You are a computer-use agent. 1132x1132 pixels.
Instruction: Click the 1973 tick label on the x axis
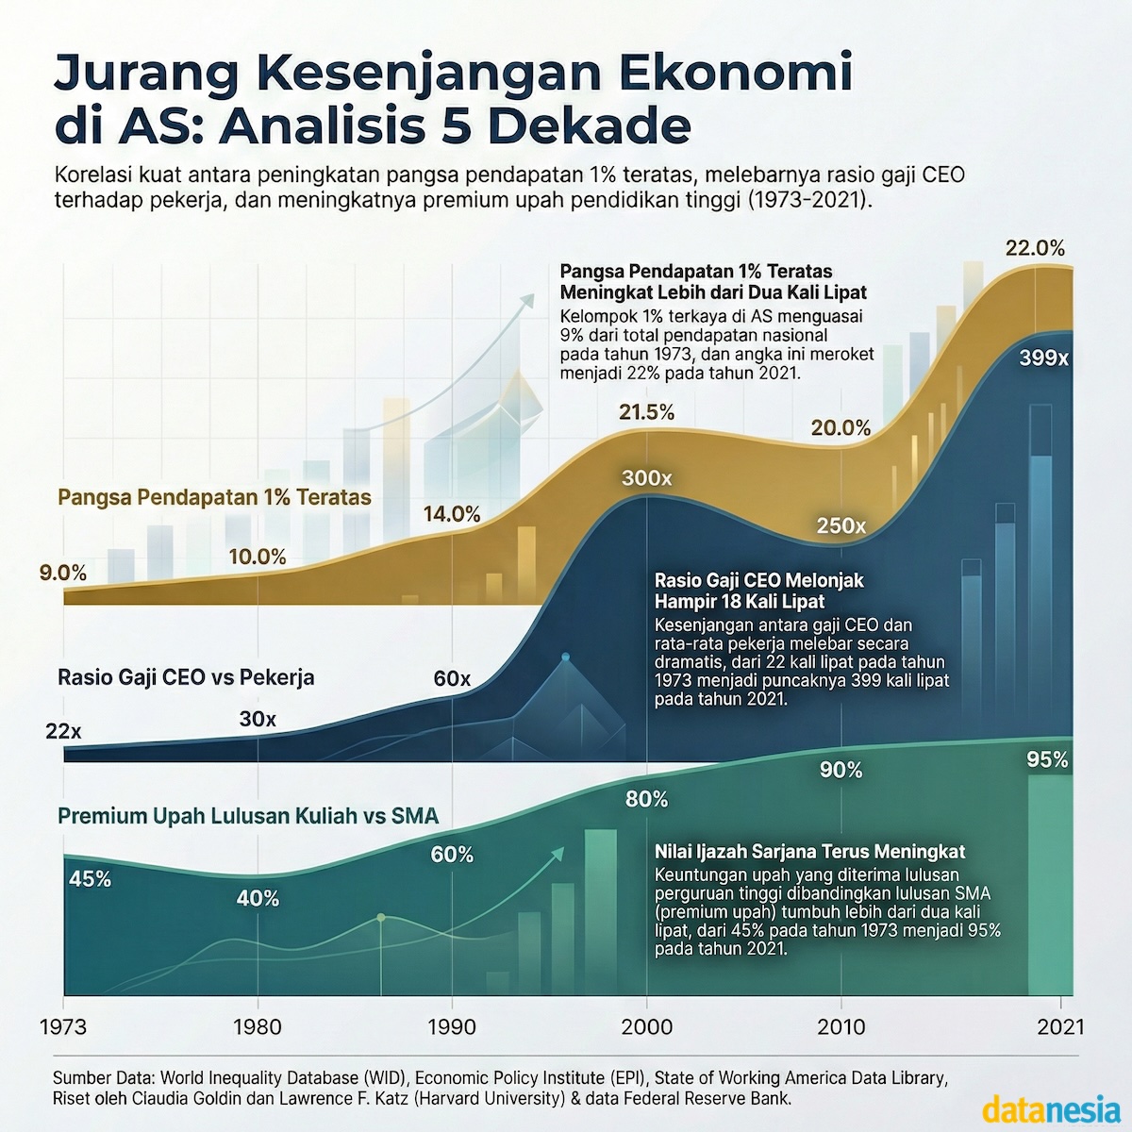(x=64, y=1025)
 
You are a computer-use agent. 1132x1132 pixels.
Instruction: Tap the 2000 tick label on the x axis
(x=647, y=1025)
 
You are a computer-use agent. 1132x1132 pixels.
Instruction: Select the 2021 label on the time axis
(x=1059, y=1025)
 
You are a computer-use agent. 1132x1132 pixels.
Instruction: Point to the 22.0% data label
(x=1035, y=249)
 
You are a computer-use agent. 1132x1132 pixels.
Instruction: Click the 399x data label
(x=1043, y=358)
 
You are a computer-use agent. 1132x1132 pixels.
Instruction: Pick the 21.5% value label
(x=646, y=412)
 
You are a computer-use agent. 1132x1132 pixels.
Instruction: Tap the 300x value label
(x=646, y=478)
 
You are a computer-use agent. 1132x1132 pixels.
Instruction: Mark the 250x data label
(x=841, y=526)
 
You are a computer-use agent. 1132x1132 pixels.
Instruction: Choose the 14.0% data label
(x=452, y=514)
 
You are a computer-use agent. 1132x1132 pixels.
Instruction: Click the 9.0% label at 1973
(x=62, y=573)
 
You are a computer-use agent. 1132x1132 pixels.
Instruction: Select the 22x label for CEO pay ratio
(x=63, y=731)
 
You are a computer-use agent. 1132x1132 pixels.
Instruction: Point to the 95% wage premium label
(x=1047, y=759)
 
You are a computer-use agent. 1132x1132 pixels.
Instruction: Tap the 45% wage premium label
(x=91, y=879)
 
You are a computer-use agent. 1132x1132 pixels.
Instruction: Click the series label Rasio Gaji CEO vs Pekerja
(x=186, y=677)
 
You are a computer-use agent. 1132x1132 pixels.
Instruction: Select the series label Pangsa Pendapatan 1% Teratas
(x=214, y=496)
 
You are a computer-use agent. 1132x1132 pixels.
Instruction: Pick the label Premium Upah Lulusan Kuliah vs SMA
(x=248, y=816)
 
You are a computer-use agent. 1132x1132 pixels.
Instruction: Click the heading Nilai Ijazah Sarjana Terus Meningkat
(x=809, y=852)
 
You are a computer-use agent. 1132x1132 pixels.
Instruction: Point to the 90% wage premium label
(x=841, y=771)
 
